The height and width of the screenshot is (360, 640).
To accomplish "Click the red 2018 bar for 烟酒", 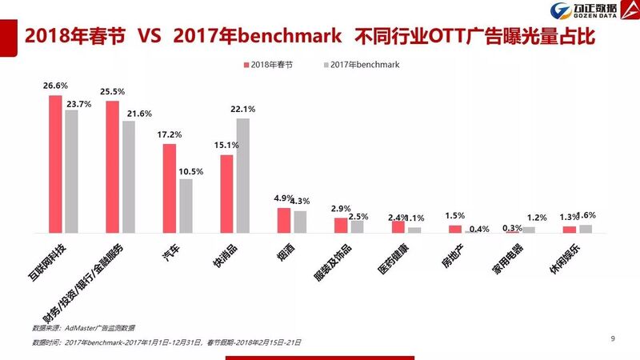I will pyautogui.click(x=284, y=220).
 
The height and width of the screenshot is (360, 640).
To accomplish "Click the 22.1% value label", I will pyautogui.click(x=243, y=110).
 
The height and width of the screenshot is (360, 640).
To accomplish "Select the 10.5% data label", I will pyautogui.click(x=186, y=170).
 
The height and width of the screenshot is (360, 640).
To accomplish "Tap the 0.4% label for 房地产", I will pyautogui.click(x=480, y=230).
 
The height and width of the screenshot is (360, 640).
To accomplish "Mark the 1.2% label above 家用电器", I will pyautogui.click(x=537, y=218).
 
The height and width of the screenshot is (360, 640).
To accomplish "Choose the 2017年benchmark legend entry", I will pyautogui.click(x=365, y=64).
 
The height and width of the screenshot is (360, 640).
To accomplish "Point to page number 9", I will pyautogui.click(x=613, y=339).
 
